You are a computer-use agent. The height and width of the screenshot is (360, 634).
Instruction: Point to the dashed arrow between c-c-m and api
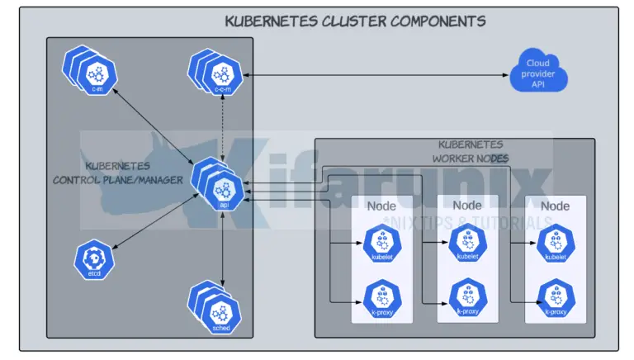tap(220, 124)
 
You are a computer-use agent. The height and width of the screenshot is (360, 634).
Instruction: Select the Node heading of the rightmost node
tap(555, 205)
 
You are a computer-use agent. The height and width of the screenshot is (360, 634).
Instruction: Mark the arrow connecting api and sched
tap(223, 248)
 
